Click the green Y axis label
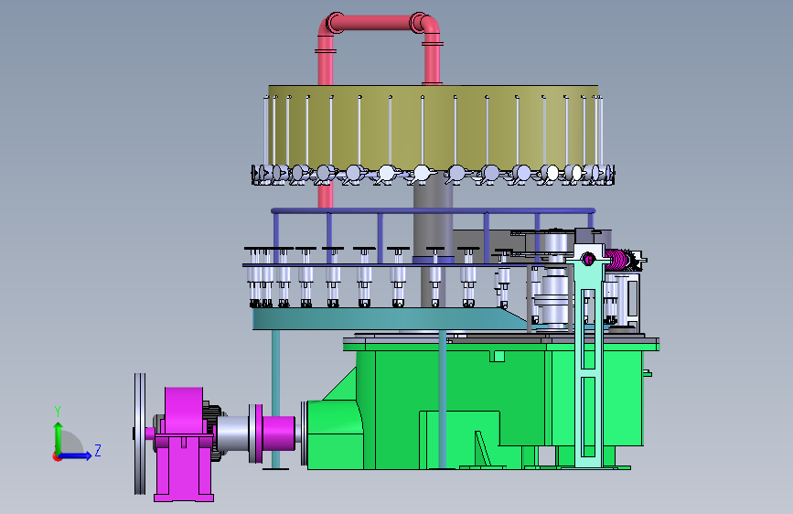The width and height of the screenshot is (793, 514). point(58,412)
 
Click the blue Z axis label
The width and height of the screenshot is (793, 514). point(98,450)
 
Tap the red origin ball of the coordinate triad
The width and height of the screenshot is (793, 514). point(57,456)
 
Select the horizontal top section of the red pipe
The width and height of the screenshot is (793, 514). point(377,23)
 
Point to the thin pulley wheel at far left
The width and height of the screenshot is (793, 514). point(140,434)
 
